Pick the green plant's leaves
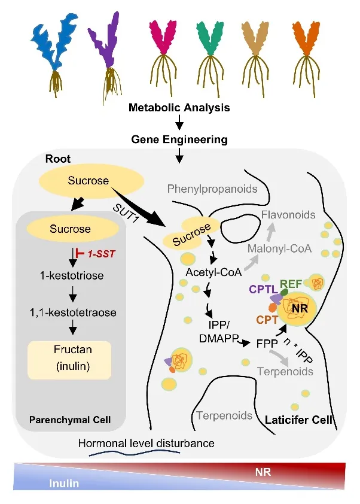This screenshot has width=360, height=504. tap(210, 38)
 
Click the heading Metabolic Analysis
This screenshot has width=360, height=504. tap(179, 107)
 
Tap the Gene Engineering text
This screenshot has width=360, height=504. tap(179, 139)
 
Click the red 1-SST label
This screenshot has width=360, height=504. tap(101, 254)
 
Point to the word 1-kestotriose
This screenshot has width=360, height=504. tap(72, 275)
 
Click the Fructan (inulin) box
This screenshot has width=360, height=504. tap(69, 360)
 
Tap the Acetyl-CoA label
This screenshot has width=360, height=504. tap(213, 272)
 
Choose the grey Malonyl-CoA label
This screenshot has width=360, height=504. tap(279, 248)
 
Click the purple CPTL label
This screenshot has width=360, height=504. tap(263, 289)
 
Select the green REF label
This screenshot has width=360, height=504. tap(291, 284)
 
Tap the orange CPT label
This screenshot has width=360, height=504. tap(267, 320)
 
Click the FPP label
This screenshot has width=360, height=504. tap(267, 344)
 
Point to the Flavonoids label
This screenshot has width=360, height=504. tap(288, 214)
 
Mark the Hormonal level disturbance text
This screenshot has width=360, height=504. tap(146, 444)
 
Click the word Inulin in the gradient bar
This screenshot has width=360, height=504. tap(64, 484)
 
